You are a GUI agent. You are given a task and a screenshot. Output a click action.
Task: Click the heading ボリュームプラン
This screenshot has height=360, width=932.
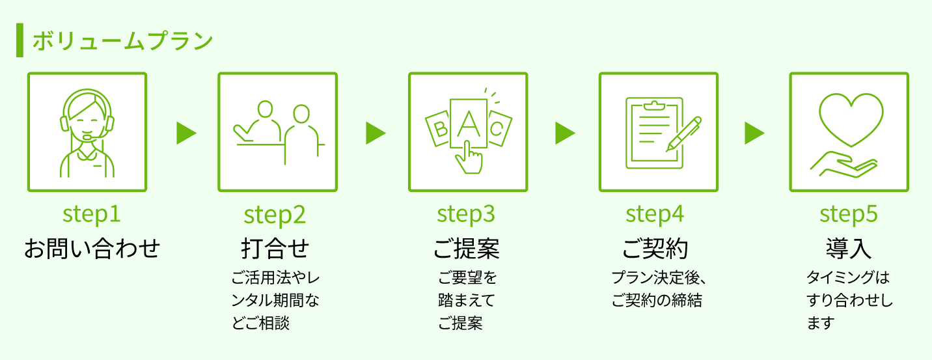tap(122, 41)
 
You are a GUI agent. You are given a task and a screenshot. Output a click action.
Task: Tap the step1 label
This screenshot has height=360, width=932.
tap(92, 214)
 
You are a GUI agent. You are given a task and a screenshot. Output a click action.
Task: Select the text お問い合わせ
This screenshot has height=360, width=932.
tap(92, 248)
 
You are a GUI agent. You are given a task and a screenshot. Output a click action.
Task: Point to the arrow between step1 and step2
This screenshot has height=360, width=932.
tap(185, 133)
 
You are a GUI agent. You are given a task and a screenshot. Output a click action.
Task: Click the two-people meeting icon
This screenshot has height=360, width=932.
tap(278, 132)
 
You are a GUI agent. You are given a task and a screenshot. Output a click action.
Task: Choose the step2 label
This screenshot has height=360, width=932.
tap(275, 215)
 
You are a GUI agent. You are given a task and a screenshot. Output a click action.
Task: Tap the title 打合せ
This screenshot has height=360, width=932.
tap(275, 248)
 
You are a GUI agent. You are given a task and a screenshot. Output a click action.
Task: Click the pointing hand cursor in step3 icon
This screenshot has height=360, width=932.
tap(469, 159)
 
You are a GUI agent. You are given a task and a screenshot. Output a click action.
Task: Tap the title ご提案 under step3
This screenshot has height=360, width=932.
tap(466, 248)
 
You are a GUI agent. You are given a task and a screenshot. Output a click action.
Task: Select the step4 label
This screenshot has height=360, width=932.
tap(655, 214)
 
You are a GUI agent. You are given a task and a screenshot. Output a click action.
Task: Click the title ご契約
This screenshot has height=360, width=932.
tap(655, 248)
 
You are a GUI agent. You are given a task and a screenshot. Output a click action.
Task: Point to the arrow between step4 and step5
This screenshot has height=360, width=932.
tap(754, 133)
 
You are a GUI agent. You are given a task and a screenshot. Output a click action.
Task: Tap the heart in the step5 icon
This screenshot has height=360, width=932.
tap(851, 118)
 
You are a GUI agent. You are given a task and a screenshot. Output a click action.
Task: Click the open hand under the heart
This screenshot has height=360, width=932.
tap(846, 165)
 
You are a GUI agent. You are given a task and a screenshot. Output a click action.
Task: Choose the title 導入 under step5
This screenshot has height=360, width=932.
tap(849, 248)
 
